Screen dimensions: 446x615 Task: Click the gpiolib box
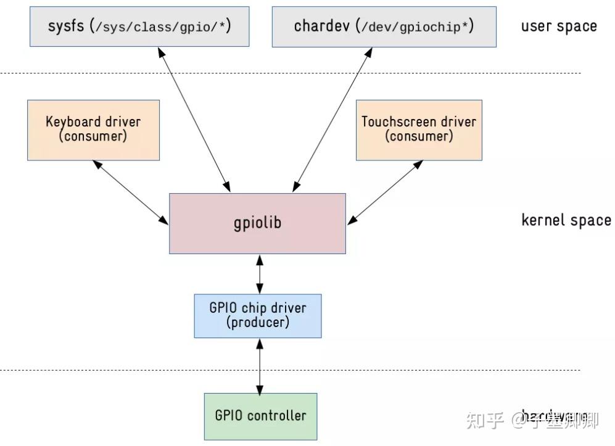tap(257, 223)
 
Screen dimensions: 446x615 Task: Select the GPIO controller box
tap(260, 416)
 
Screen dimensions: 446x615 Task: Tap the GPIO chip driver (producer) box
tap(257, 315)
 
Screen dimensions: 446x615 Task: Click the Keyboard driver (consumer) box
tap(93, 130)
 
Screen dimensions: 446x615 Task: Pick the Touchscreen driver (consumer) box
tap(419, 130)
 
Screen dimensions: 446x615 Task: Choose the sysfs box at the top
tap(139, 27)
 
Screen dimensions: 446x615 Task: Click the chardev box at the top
tap(384, 27)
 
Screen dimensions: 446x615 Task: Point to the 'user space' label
tap(559, 27)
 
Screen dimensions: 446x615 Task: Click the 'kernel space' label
tap(566, 220)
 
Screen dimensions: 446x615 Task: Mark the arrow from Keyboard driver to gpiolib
tap(130, 192)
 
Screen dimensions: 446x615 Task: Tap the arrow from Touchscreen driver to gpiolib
tap(386, 192)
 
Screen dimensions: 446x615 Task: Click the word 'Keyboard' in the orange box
tap(68, 122)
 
